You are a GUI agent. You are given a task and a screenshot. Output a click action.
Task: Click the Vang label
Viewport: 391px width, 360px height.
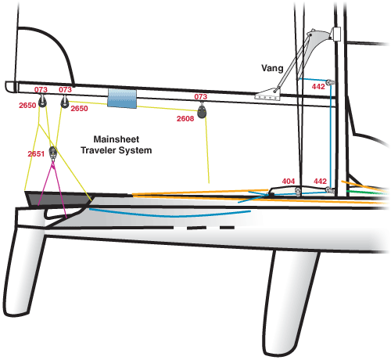click(272, 68)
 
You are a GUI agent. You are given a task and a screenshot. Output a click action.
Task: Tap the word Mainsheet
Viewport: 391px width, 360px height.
click(117, 139)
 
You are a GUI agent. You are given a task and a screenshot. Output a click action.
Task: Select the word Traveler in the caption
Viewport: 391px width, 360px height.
click(98, 150)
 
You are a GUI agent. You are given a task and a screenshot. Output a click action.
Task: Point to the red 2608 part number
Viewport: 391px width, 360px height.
click(185, 119)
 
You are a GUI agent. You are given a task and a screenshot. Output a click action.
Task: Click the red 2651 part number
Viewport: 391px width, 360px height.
click(36, 154)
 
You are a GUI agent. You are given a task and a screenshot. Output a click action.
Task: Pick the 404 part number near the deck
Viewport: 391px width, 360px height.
click(289, 182)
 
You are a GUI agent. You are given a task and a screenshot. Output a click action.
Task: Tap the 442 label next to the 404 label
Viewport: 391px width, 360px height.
click(320, 182)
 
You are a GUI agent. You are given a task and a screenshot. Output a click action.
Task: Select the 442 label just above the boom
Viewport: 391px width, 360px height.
click(318, 87)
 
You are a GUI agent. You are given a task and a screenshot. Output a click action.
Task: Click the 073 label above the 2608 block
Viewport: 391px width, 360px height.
click(200, 97)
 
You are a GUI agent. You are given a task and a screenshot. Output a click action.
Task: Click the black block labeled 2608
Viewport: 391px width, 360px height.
click(202, 112)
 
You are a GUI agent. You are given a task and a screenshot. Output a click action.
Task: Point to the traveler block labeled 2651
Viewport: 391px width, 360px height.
click(53, 153)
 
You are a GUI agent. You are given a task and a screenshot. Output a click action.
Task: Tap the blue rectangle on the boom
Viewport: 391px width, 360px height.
click(122, 99)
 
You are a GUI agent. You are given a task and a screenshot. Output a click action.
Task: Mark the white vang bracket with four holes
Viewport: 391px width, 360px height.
click(267, 95)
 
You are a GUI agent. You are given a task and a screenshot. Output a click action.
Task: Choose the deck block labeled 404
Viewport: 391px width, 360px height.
click(298, 192)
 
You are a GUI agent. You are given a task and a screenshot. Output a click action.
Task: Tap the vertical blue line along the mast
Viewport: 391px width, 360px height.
click(331, 135)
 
